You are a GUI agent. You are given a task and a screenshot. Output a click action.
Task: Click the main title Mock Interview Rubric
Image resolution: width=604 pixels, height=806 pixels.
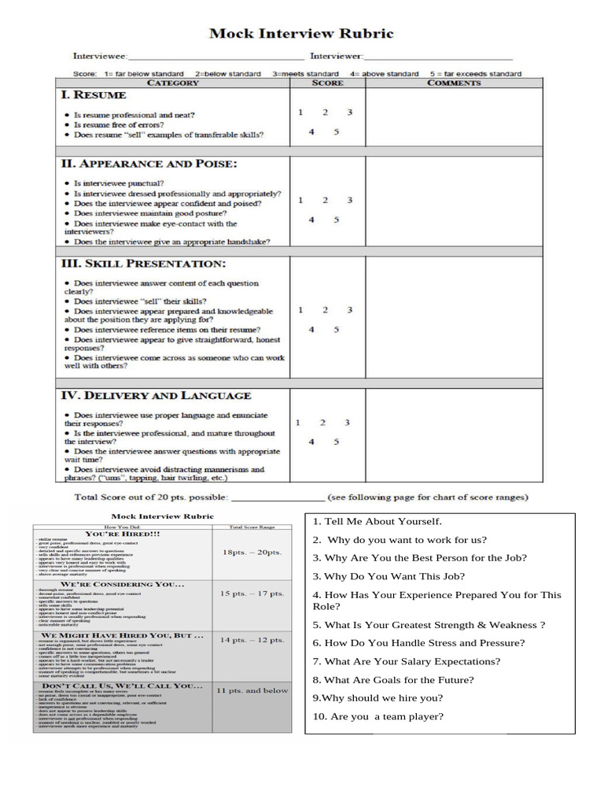(x=301, y=34)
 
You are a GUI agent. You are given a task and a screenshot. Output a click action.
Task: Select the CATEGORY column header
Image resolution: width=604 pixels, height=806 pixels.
(x=173, y=83)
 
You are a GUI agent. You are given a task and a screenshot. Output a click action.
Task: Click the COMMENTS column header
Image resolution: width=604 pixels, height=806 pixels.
(x=454, y=83)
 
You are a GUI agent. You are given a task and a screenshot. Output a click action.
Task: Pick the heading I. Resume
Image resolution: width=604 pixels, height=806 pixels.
(x=94, y=95)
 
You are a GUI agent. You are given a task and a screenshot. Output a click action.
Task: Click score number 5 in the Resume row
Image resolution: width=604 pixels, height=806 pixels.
(x=336, y=131)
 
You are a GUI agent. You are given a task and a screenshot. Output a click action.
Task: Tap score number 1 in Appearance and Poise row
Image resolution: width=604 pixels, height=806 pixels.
(x=300, y=201)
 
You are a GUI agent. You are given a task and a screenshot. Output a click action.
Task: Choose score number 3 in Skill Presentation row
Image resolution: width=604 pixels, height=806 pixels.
(x=350, y=310)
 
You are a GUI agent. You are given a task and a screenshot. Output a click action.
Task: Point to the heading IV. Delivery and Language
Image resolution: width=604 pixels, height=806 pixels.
(x=156, y=395)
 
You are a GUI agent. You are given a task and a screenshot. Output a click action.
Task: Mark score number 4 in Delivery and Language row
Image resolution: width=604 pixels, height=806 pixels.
(x=311, y=442)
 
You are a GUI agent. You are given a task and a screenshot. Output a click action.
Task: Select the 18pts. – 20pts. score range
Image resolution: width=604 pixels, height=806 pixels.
(x=252, y=553)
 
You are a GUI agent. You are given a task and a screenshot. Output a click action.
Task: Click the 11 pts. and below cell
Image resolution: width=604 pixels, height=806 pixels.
(x=252, y=690)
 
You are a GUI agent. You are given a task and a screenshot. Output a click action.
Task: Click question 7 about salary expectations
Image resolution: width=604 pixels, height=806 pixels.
(x=407, y=662)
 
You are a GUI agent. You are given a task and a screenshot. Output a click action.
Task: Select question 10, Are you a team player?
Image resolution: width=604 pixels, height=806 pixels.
(x=378, y=716)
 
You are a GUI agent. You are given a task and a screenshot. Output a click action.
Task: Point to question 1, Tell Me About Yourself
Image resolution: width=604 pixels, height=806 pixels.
(x=377, y=521)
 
